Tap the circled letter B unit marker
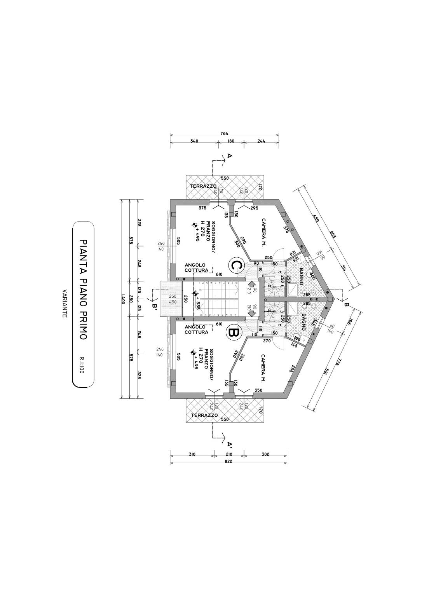[234, 333]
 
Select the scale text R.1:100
[82, 365]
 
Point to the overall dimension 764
[224, 133]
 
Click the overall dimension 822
[228, 461]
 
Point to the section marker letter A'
[230, 444]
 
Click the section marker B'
[154, 307]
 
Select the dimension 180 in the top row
[231, 141]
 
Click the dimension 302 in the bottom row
[265, 454]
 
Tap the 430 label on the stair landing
[172, 302]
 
